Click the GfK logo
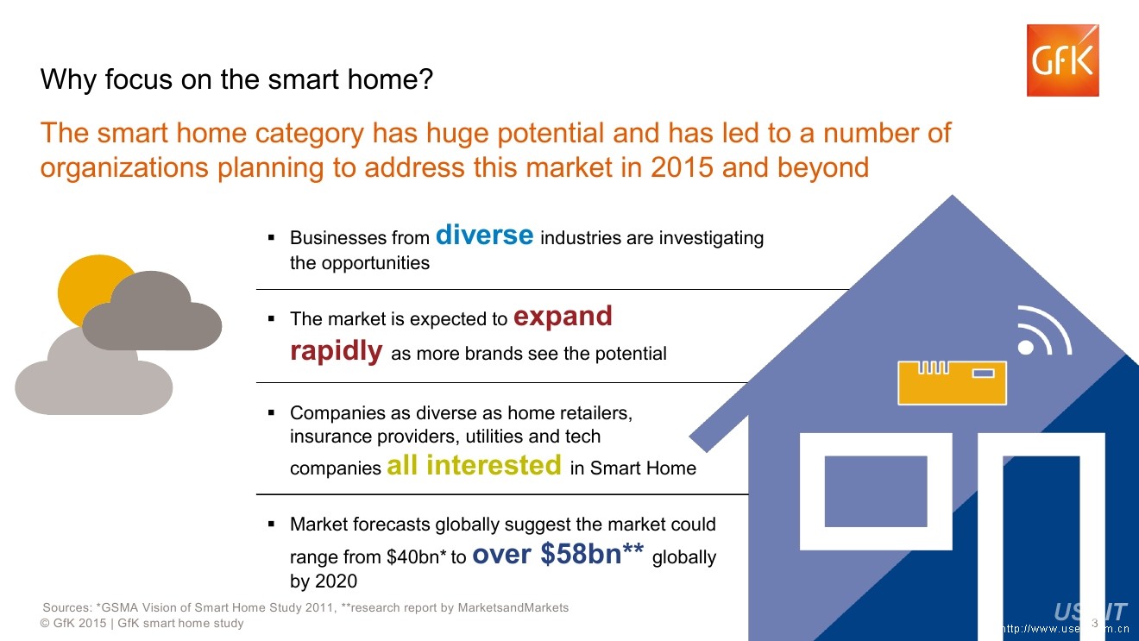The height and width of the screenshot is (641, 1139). pyautogui.click(x=1063, y=60)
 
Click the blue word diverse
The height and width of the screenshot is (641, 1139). pyautogui.click(x=485, y=235)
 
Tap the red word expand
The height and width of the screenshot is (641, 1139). pyautogui.click(x=563, y=316)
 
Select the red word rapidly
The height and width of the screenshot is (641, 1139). pyautogui.click(x=337, y=351)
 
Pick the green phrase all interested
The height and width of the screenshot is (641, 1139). pyautogui.click(x=475, y=465)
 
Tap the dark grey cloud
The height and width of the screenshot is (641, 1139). pyautogui.click(x=152, y=312)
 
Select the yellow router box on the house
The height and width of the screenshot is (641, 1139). pyautogui.click(x=952, y=383)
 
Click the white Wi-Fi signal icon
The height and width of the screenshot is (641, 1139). pyautogui.click(x=1043, y=331)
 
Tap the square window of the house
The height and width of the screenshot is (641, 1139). pyautogui.click(x=876, y=492)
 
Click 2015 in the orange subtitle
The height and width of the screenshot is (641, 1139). pyautogui.click(x=682, y=167)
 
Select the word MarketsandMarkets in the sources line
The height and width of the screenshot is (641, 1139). pyautogui.click(x=513, y=607)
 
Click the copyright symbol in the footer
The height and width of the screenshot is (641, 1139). pyautogui.click(x=45, y=623)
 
